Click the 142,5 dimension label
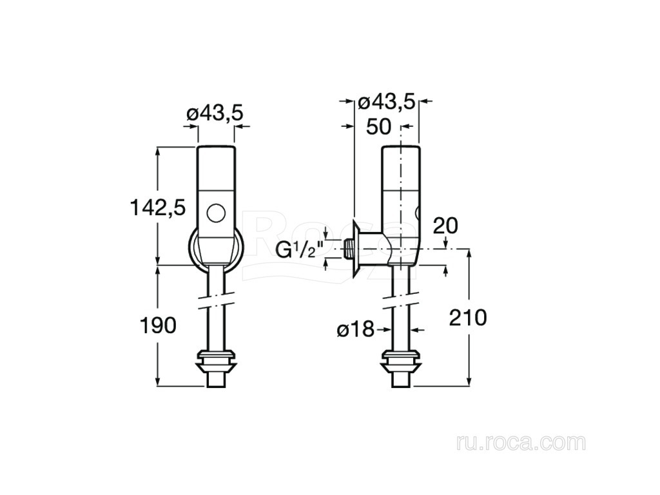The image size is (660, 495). point(158,208)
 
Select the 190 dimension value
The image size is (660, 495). point(158,325)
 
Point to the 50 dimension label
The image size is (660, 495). point(378,127)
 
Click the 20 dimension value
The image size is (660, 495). point(445,226)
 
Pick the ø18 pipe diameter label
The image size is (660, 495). point(355,329)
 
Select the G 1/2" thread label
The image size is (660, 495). point(299,250)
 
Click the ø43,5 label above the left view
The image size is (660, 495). point(215,113)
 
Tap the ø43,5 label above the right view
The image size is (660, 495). point(387,102)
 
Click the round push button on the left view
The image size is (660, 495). point(216,213)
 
